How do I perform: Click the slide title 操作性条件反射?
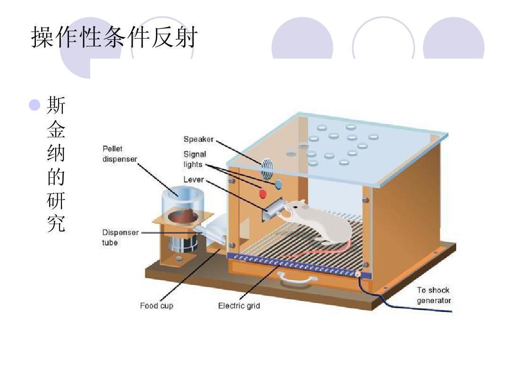(113, 37)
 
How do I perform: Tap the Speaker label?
(198, 139)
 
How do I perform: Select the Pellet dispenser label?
(119, 154)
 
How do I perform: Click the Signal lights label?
(195, 159)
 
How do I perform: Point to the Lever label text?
(194, 180)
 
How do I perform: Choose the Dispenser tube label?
(120, 237)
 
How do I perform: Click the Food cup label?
(156, 306)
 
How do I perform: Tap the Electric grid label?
(239, 306)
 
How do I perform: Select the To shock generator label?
(433, 295)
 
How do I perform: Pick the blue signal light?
(278, 183)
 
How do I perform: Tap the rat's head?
(295, 208)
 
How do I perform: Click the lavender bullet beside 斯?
(34, 105)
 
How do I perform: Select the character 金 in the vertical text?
(56, 130)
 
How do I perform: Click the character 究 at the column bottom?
(56, 224)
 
